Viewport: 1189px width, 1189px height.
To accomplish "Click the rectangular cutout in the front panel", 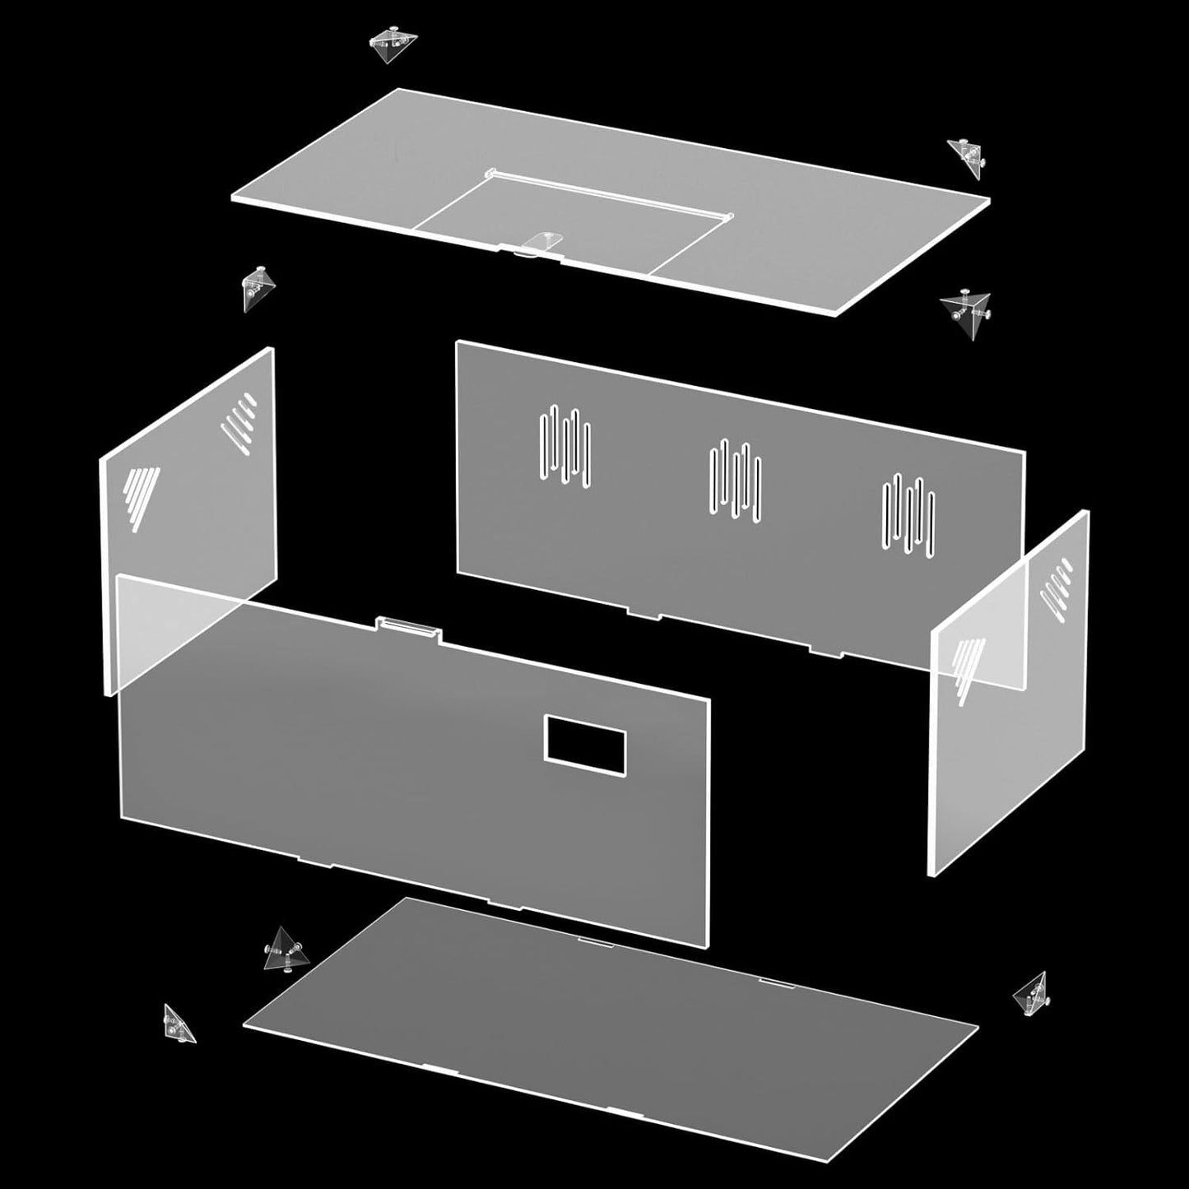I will (585, 745).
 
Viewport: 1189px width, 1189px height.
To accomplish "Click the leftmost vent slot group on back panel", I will (564, 447).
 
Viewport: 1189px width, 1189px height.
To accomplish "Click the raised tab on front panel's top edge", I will (409, 628).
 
